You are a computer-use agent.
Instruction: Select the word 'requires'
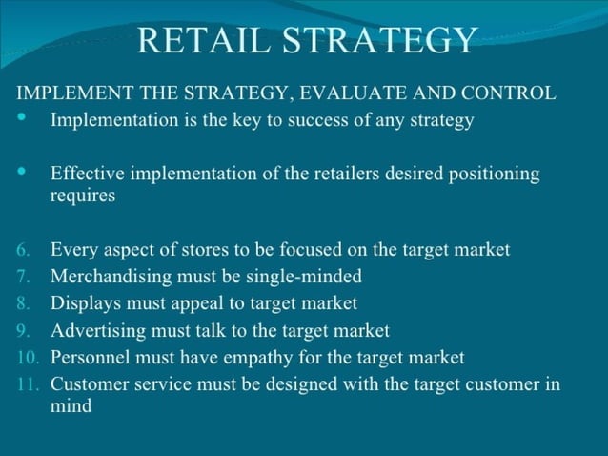click(83, 197)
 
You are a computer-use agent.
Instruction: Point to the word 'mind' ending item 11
click(71, 406)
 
